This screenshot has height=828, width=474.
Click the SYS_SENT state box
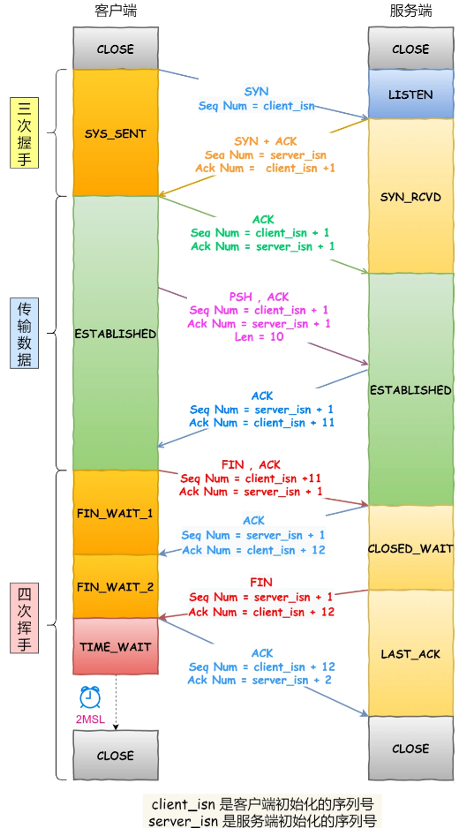click(116, 133)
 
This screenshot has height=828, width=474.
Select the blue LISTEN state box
click(410, 94)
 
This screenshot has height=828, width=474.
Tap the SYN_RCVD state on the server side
click(410, 196)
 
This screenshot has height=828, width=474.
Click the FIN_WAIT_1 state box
click(116, 513)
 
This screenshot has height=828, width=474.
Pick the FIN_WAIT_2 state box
click(116, 586)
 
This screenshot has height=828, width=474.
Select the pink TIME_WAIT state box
click(116, 646)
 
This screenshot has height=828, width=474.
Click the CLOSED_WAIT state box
click(410, 548)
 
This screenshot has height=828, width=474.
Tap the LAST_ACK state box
click(410, 653)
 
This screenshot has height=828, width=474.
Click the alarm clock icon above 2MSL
click(90, 697)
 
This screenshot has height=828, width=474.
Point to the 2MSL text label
click(89, 720)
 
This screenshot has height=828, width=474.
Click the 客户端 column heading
click(116, 11)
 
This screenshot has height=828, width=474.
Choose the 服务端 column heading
click(410, 11)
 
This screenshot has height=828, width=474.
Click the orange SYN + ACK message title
click(265, 140)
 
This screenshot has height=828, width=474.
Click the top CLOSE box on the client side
click(116, 49)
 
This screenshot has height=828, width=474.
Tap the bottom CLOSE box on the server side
click(410, 748)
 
